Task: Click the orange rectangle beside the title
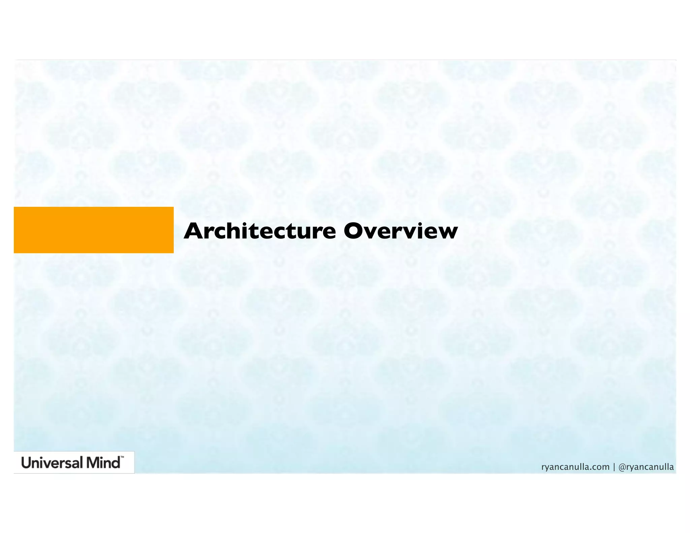(x=94, y=230)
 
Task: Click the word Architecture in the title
(x=259, y=231)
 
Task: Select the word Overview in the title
(x=400, y=231)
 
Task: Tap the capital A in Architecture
(x=193, y=231)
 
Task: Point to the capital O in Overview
(x=354, y=231)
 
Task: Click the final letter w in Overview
(x=447, y=233)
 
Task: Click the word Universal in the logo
(x=52, y=463)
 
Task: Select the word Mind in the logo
(x=103, y=463)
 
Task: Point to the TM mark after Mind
(x=122, y=458)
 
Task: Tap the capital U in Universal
(x=26, y=463)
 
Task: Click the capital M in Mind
(x=93, y=463)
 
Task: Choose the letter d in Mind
(x=116, y=463)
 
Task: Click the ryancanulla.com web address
(x=575, y=467)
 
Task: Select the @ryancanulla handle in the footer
(x=646, y=467)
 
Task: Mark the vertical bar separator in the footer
(x=614, y=467)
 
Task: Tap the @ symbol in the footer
(x=622, y=467)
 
